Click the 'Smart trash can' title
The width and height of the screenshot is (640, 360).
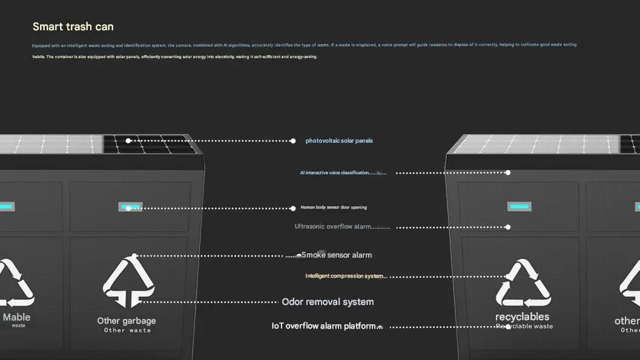73,27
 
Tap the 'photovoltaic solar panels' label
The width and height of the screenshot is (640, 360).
339,141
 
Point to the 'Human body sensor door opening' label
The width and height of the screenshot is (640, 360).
334,208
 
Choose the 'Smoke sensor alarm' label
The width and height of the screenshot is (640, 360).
337,255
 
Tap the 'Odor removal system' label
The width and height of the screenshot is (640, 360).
328,302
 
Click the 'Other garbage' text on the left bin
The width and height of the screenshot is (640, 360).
127,321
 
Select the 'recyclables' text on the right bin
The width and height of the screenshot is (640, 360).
522,316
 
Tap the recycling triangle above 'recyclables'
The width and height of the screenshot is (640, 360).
523,284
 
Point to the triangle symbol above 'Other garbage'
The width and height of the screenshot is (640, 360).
128,281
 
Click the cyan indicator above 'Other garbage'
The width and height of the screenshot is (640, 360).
130,208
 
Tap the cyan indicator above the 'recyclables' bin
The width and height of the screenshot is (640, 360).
519,207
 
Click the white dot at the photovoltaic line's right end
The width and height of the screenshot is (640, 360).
293,141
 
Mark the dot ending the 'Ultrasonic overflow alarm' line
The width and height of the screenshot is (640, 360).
508,227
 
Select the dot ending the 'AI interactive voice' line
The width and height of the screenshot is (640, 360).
508,173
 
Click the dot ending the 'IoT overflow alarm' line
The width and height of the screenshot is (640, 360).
508,327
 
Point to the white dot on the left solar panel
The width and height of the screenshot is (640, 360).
128,141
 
